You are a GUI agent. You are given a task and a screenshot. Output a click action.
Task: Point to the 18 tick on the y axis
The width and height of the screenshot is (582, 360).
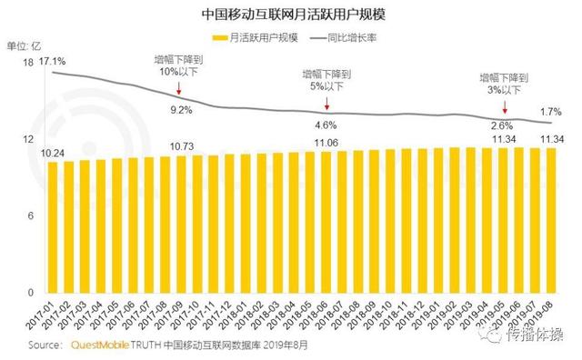(x=28, y=62)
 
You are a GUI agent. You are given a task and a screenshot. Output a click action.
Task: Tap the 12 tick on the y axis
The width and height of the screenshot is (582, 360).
(x=28, y=139)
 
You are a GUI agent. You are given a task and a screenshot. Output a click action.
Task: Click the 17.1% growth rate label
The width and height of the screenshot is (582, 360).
(x=53, y=61)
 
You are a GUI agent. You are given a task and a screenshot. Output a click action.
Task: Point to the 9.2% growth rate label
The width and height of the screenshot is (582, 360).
(x=180, y=109)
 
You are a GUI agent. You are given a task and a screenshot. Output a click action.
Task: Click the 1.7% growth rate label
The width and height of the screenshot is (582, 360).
(x=551, y=110)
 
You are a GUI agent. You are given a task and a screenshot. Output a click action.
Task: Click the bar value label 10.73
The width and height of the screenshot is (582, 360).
(x=182, y=145)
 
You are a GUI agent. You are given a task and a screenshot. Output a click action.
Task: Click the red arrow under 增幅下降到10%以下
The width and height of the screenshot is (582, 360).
(x=179, y=89)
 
